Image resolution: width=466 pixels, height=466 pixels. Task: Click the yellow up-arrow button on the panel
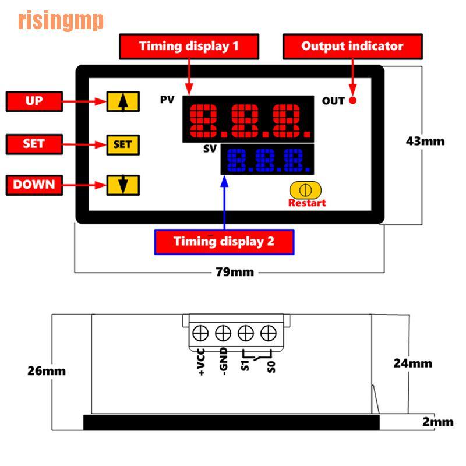pyautogui.click(x=123, y=101)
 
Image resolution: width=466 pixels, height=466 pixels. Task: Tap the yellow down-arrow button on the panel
pyautogui.click(x=123, y=185)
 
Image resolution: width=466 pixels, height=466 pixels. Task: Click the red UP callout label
pyautogui.click(x=34, y=101)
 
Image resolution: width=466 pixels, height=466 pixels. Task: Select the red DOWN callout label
pyautogui.click(x=34, y=185)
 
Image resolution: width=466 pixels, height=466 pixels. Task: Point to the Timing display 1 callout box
pyautogui.click(x=189, y=47)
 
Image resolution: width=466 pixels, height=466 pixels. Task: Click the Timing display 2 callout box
pyautogui.click(x=224, y=242)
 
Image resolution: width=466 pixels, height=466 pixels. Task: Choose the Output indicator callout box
pyautogui.click(x=352, y=47)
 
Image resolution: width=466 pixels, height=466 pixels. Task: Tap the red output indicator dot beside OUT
pyautogui.click(x=353, y=100)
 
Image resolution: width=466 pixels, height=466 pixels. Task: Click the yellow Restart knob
pyautogui.click(x=305, y=190)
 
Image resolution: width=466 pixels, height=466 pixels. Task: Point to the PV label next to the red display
pyautogui.click(x=167, y=100)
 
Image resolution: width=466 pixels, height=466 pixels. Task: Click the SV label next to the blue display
pyautogui.click(x=210, y=149)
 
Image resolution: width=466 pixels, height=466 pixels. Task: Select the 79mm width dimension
pyautogui.click(x=235, y=272)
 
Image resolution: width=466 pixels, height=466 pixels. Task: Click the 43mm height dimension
pyautogui.click(x=425, y=141)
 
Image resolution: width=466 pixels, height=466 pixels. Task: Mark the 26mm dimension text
pyautogui.click(x=47, y=371)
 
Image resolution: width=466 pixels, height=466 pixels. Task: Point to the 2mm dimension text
pyautogui.click(x=438, y=422)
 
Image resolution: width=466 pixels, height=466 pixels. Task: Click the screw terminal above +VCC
pyautogui.click(x=200, y=333)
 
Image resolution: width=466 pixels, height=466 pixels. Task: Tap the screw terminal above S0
pyautogui.click(x=269, y=333)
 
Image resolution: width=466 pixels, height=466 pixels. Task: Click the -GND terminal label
pyautogui.click(x=223, y=361)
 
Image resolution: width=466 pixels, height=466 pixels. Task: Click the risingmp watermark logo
pyautogui.click(x=61, y=20)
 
